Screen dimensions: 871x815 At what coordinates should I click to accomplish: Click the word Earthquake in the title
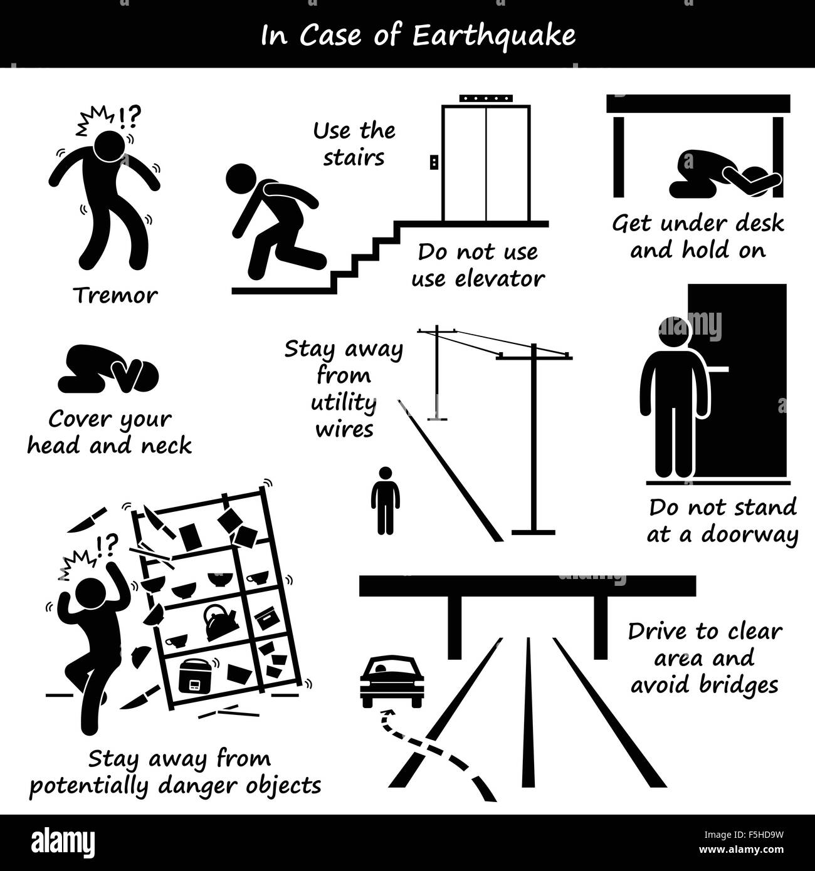click(x=494, y=36)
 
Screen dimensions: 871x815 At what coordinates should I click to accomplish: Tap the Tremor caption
click(x=115, y=295)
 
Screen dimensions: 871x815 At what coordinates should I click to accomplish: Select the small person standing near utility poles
click(x=385, y=500)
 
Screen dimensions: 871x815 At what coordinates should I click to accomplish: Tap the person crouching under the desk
click(x=721, y=175)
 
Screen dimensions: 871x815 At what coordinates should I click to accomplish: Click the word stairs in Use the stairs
click(x=354, y=157)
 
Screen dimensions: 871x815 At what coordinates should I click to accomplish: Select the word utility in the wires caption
click(x=343, y=403)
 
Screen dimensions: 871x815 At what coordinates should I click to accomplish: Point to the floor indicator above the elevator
click(x=486, y=99)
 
